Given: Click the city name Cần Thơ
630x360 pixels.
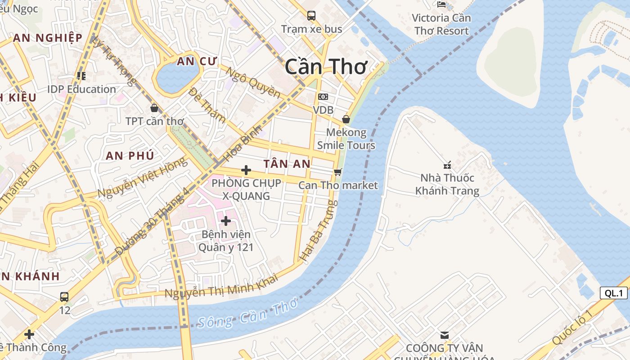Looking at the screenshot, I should [326, 67].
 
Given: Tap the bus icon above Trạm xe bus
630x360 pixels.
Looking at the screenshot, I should [311, 16].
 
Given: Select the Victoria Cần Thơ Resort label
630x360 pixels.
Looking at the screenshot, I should [441, 24].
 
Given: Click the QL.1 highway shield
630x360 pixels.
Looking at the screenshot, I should [613, 293].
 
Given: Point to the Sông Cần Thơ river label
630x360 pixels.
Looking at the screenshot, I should [247, 314].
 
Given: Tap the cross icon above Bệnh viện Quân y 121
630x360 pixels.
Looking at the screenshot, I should [226, 221].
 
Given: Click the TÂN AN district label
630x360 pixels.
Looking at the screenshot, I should [287, 164].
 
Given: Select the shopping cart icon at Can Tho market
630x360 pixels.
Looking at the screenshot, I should [338, 172].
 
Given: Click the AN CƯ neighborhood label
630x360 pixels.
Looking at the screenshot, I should [197, 62].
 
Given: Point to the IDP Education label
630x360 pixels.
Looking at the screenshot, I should [81, 89].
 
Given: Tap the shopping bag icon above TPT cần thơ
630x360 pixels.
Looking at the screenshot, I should [154, 108].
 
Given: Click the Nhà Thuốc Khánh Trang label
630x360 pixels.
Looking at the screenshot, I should [447, 184].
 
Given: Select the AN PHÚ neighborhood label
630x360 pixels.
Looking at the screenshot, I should [130, 156].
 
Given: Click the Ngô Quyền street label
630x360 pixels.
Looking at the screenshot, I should [252, 83].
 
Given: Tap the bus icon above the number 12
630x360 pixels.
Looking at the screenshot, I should [64, 297].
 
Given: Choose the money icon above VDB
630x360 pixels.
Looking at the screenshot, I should [323, 97].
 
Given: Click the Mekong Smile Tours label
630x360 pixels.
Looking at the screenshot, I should [346, 139].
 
